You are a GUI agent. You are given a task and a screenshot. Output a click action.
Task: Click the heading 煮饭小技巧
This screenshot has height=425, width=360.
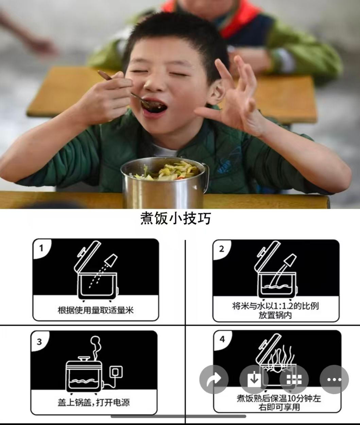pos(176,218)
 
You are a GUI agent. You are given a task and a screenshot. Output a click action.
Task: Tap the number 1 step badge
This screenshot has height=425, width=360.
pos(41,248)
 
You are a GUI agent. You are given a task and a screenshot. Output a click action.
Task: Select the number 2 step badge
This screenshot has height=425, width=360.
pos(221,249)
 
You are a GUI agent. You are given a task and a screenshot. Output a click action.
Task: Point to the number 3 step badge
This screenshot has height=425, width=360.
pos(39,342)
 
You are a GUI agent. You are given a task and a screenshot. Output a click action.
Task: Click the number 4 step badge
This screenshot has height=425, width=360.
pos(222,339)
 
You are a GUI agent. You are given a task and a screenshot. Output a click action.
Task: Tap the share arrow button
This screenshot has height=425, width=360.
pos(214,379)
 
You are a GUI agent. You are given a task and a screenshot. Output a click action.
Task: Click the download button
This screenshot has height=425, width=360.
pos(254,379)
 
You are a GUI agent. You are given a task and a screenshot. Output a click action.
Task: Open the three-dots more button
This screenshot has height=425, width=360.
pos(334,379)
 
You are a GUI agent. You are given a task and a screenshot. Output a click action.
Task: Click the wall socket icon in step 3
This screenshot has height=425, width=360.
pos(116,372)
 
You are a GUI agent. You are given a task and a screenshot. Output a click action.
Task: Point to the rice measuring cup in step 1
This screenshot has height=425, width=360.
pos(111,260)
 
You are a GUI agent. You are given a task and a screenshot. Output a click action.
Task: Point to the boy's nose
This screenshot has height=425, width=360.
pos(154,84)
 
